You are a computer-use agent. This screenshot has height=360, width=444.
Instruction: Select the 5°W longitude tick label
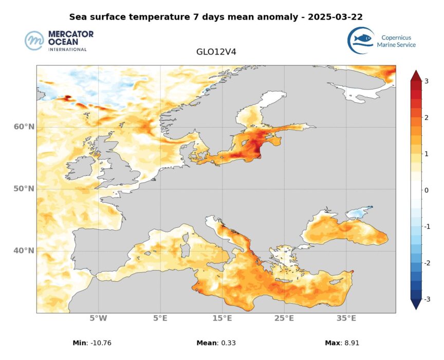[x=98, y=318]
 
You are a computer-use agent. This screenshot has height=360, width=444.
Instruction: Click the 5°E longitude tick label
[x=160, y=318]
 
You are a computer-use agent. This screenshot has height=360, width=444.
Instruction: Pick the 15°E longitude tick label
[x=222, y=318]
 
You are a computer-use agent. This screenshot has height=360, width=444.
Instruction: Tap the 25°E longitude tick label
[x=284, y=318]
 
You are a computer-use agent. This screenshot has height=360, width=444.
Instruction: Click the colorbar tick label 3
[x=426, y=81]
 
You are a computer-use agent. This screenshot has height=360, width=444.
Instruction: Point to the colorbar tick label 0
[x=426, y=190]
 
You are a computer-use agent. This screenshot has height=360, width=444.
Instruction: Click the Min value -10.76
[x=97, y=343]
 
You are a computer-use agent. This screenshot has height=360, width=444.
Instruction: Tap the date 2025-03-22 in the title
[x=335, y=16]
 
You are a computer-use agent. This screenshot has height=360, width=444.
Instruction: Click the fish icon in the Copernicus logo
[x=362, y=39]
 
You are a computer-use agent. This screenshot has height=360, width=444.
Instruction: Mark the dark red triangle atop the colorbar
[x=416, y=76]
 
